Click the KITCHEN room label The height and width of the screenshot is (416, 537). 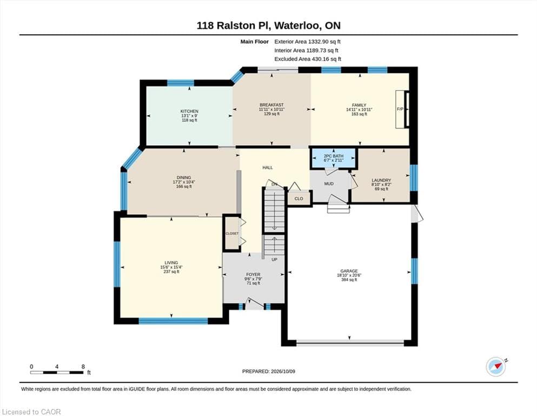pyautogui.click(x=189, y=111)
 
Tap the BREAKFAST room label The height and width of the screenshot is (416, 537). pyautogui.click(x=271, y=105)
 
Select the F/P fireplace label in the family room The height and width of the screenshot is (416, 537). pyautogui.click(x=400, y=109)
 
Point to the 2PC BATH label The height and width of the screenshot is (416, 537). pyautogui.click(x=334, y=155)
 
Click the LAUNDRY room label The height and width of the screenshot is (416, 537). pyautogui.click(x=381, y=180)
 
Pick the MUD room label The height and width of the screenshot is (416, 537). pyautogui.click(x=329, y=184)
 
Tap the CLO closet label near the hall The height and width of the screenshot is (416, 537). pyautogui.click(x=299, y=199)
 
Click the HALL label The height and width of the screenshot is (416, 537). pyautogui.click(x=268, y=167)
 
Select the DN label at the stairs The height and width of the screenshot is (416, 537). pyautogui.click(x=274, y=184)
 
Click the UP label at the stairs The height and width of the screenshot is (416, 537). pyautogui.click(x=274, y=259)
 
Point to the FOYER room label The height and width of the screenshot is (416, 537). pyautogui.click(x=253, y=275)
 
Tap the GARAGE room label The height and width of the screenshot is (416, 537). pyautogui.click(x=349, y=271)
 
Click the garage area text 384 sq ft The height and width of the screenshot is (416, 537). pyautogui.click(x=349, y=279)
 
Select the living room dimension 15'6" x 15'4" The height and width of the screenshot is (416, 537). pyautogui.click(x=171, y=267)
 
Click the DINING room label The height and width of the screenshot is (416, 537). pyautogui.click(x=184, y=178)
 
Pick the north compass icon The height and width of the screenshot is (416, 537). pyautogui.click(x=496, y=366)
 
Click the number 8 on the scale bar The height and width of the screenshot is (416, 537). pyautogui.click(x=83, y=367)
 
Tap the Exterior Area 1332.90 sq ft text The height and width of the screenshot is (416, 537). pyautogui.click(x=307, y=42)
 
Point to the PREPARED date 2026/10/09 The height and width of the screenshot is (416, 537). pyautogui.click(x=283, y=372)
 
